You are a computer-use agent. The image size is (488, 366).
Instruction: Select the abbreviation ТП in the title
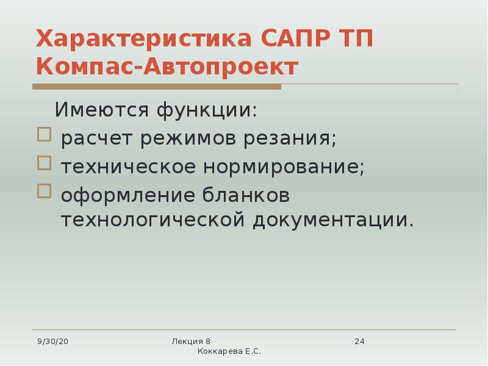(354, 39)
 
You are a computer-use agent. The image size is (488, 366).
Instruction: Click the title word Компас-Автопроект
(167, 66)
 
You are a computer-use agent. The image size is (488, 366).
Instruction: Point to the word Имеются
(101, 110)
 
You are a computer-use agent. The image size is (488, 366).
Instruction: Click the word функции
(206, 110)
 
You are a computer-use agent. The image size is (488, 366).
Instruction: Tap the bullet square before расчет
(44, 135)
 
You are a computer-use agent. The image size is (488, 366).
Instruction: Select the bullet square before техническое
(44, 163)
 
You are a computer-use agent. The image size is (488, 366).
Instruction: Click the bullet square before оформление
(44, 191)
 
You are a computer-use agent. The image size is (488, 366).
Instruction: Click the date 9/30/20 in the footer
(53, 341)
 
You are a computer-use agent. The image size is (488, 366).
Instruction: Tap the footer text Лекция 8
(191, 341)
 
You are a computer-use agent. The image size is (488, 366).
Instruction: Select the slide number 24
(359, 341)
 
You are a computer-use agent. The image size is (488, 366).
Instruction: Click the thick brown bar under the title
(158, 87)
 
